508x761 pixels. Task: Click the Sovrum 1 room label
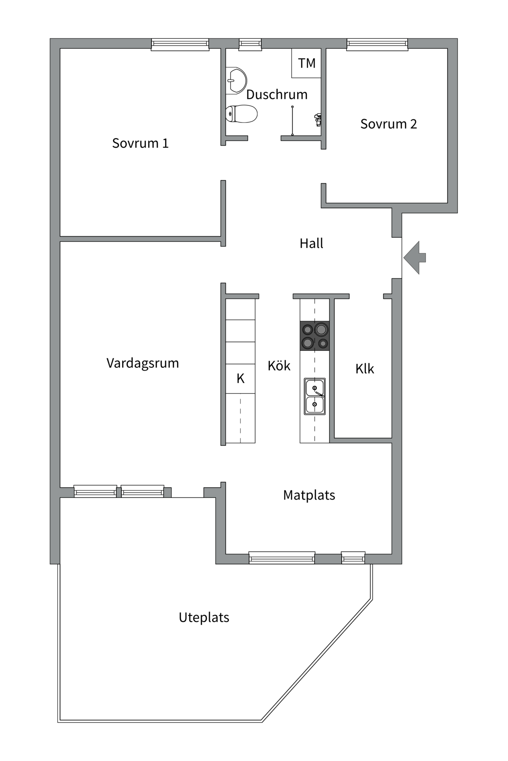[x=140, y=143]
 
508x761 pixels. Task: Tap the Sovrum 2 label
[x=388, y=124]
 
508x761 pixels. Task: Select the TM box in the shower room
[x=306, y=63]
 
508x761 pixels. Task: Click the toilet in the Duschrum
[x=241, y=114]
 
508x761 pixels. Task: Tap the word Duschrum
[x=277, y=95]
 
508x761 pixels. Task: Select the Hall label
[x=311, y=243]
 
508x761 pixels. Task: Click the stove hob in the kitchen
[x=315, y=336]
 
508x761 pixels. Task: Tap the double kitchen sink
[x=315, y=396]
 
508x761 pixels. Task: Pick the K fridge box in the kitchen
[x=241, y=379]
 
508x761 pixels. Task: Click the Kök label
[x=279, y=365]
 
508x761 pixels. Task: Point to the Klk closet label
[x=364, y=369]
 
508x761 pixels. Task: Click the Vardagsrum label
[x=142, y=363]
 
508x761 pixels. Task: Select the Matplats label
[x=309, y=495]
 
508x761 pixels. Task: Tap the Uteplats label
[x=204, y=618]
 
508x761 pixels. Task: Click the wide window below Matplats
[x=282, y=558]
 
